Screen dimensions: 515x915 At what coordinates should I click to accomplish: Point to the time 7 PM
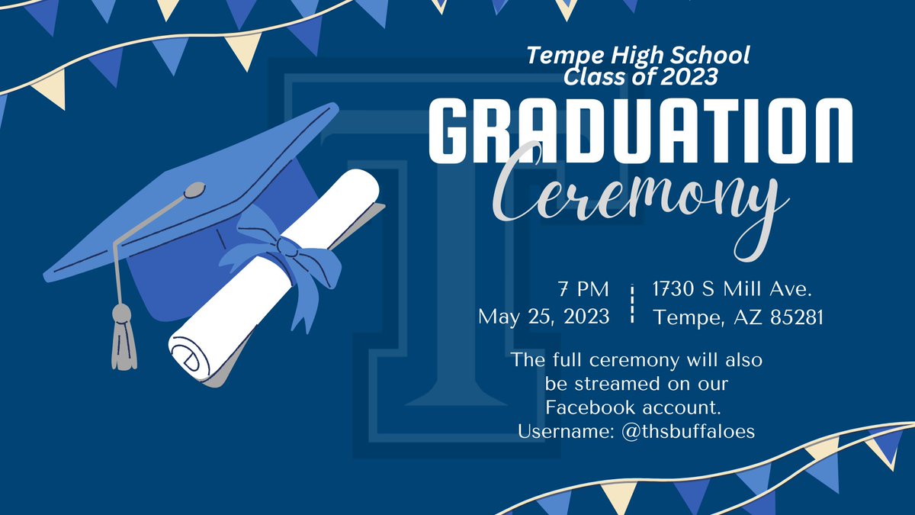pos(583,290)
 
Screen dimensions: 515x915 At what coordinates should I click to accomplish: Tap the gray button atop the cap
pos(194,188)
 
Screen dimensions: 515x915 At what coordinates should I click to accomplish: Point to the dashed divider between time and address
pos(632,304)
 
